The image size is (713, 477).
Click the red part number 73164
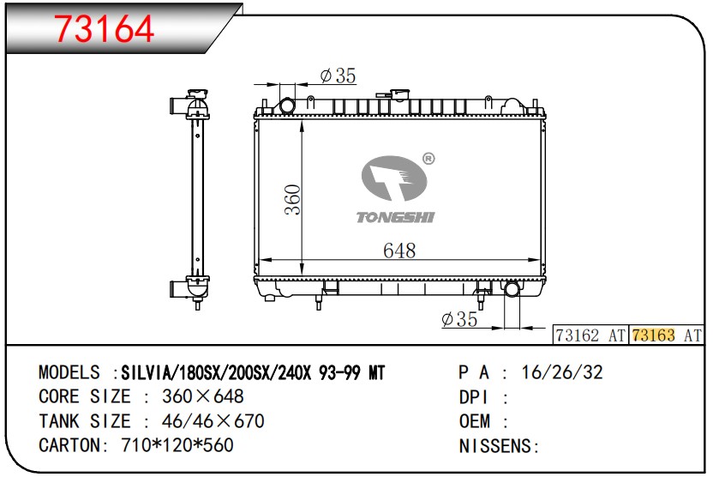(x=105, y=28)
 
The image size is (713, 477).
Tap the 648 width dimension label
(x=399, y=251)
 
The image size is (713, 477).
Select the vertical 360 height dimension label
(x=293, y=199)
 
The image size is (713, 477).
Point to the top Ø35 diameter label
(x=338, y=75)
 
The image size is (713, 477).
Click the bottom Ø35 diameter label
(x=459, y=319)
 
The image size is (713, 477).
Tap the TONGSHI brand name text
(x=395, y=218)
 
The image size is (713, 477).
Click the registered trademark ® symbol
(x=428, y=159)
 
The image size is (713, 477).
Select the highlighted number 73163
(x=653, y=335)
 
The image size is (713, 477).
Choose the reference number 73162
(x=578, y=335)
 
